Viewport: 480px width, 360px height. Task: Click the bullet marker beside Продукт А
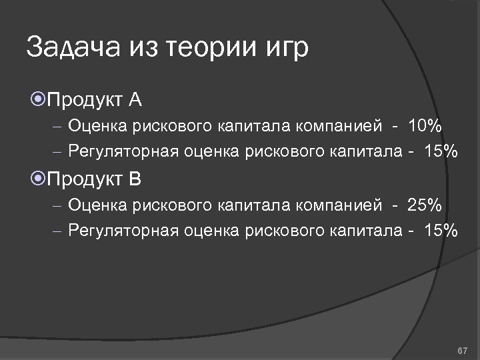pyautogui.click(x=38, y=100)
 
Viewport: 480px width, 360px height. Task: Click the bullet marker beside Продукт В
pyautogui.click(x=38, y=179)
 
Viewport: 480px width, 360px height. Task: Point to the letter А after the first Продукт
pyautogui.click(x=135, y=100)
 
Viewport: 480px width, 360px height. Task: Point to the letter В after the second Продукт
pyautogui.click(x=135, y=179)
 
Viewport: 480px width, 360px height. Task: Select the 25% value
pyautogui.click(x=424, y=205)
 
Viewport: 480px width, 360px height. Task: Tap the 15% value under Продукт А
pyautogui.click(x=439, y=151)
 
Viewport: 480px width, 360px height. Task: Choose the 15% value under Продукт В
pyautogui.click(x=439, y=231)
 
